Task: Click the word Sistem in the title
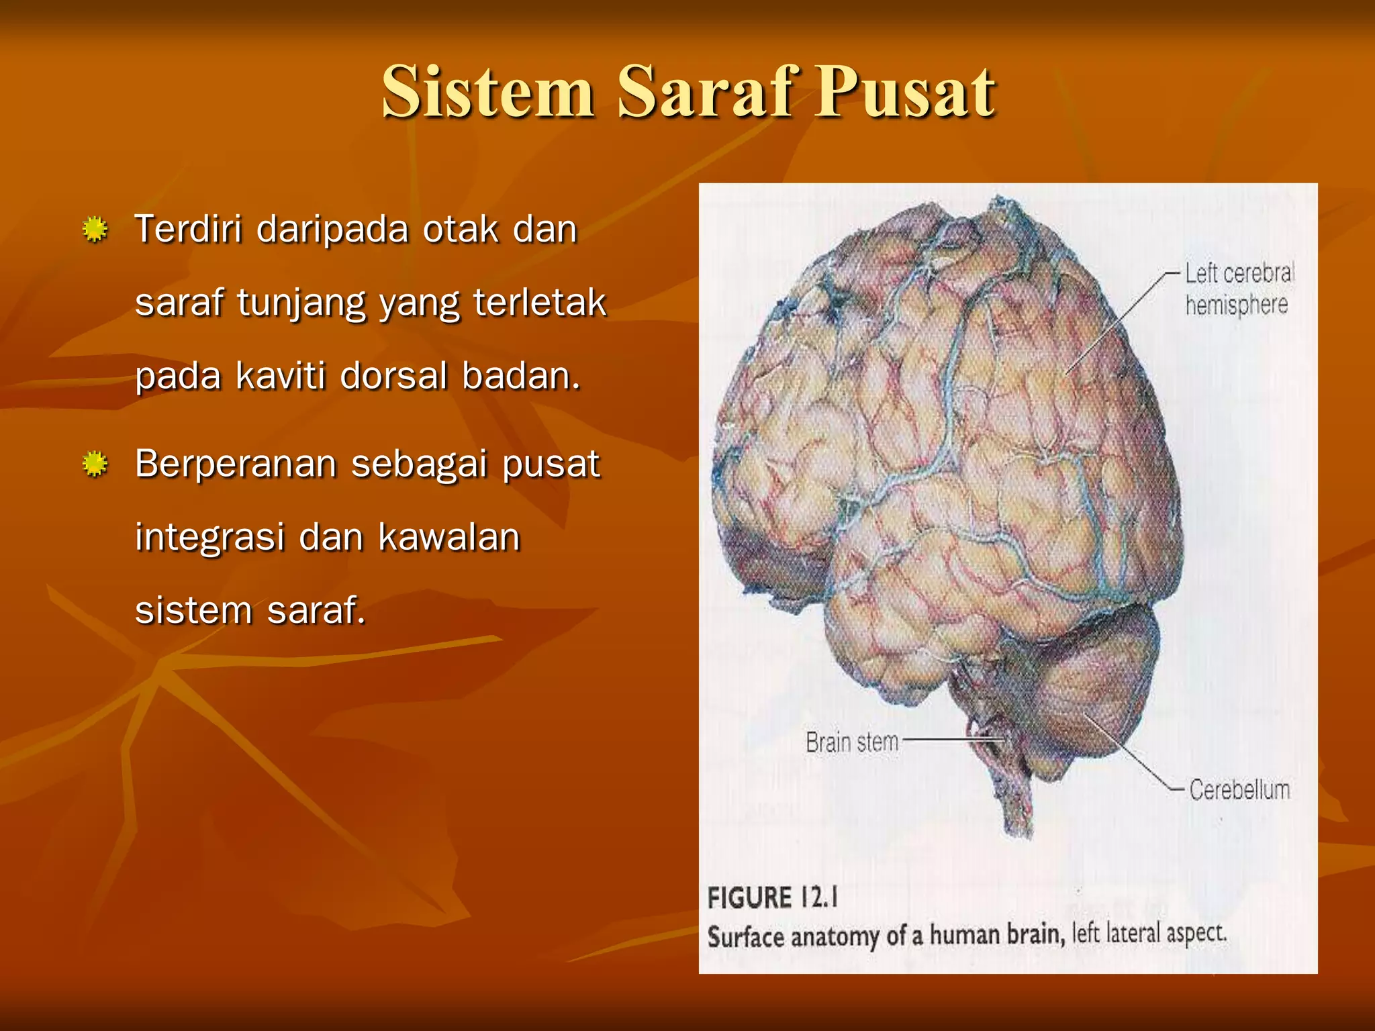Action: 488,92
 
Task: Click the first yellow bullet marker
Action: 95,230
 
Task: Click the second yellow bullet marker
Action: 95,464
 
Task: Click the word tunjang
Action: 300,303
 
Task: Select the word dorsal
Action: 393,376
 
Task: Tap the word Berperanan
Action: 235,464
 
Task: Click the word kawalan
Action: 448,537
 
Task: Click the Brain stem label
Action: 851,742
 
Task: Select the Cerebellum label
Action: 1239,790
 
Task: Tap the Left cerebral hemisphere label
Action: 1237,289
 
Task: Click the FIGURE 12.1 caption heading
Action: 772,898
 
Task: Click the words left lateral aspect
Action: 1149,933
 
